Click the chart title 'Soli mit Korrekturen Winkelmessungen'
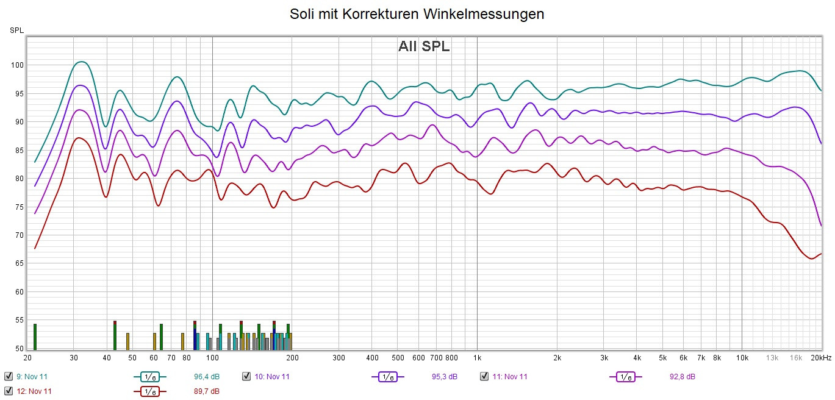(x=417, y=14)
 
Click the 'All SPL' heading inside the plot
(x=424, y=46)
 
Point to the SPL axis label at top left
(x=16, y=30)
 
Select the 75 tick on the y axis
(x=18, y=207)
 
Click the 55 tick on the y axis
(x=18, y=320)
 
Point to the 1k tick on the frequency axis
(x=477, y=357)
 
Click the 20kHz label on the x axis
(x=821, y=357)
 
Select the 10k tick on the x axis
(x=742, y=357)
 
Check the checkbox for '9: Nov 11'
(x=9, y=376)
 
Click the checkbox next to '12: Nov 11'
(x=9, y=391)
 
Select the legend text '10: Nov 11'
(x=272, y=377)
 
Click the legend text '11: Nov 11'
(x=510, y=377)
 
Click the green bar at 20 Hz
(x=35, y=337)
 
